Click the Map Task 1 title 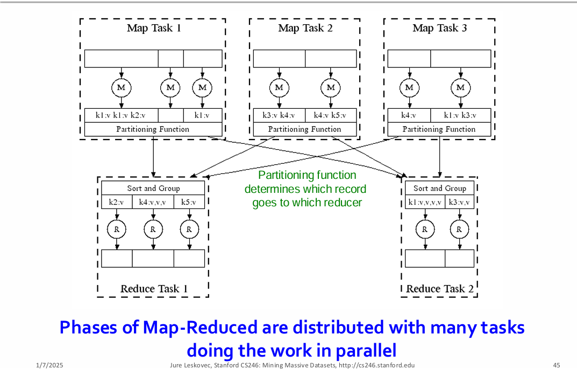point(153,28)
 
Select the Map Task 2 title point(305,28)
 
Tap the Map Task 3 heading point(439,28)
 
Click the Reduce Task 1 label point(154,289)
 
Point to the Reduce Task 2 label point(440,289)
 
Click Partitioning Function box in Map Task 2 point(304,129)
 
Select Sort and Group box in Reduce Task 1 point(153,188)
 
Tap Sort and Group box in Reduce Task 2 point(440,188)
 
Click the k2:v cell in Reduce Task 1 point(116,202)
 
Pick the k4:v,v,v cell point(152,202)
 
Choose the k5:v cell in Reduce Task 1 point(189,202)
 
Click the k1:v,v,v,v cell point(425,202)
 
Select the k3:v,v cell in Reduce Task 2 point(459,202)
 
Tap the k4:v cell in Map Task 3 point(408,115)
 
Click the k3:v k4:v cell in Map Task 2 point(279,115)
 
